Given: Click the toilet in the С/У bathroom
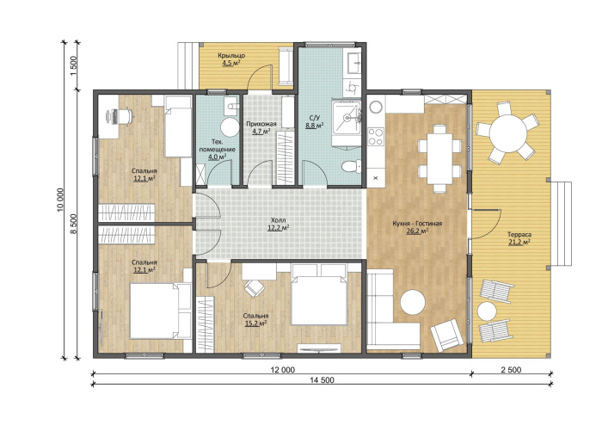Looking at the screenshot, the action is (x=351, y=166).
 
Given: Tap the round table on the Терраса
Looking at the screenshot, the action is (x=508, y=132).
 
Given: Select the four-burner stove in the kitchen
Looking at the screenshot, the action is (x=376, y=137).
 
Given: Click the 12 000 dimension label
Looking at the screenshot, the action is (x=282, y=370).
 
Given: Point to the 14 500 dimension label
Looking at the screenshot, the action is (x=322, y=380).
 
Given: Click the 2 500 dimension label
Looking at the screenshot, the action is (x=511, y=370).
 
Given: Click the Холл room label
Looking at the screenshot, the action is (x=279, y=220).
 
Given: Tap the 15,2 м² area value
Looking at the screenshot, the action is (x=256, y=323).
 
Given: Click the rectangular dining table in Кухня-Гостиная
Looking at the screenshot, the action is (x=439, y=158).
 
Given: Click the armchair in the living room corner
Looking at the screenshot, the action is (x=448, y=335).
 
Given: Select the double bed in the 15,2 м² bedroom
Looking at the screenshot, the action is (x=319, y=295).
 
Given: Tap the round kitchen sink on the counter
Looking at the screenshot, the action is (x=377, y=107).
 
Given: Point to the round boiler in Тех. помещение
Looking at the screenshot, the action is (x=230, y=127).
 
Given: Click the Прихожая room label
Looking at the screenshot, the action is (x=261, y=124).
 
